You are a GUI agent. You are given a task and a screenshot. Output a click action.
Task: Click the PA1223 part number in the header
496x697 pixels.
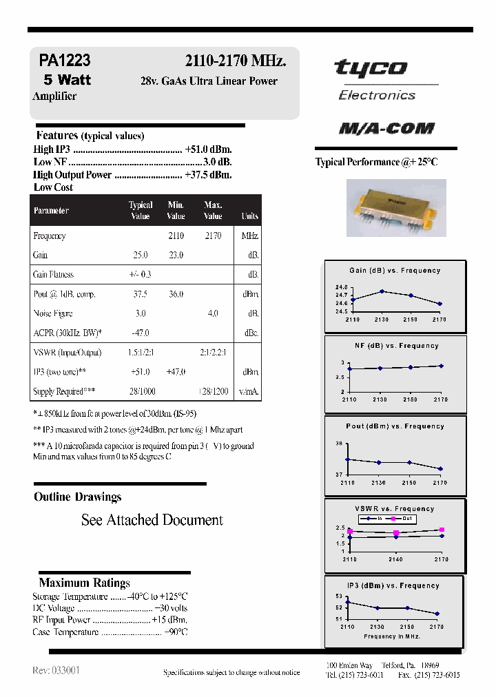65,61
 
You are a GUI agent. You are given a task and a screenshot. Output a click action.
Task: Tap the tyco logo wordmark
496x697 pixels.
370,68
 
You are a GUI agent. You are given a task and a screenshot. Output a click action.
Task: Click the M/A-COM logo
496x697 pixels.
386,128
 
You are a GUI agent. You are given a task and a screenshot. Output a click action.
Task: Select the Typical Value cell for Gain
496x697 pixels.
141,255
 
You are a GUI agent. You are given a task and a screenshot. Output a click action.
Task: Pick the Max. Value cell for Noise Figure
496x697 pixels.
213,313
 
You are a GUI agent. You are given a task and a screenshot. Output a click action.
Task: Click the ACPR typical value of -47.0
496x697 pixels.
141,333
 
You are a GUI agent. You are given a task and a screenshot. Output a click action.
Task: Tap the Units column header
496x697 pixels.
249,216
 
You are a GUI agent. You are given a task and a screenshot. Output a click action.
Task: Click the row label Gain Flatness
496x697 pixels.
54,274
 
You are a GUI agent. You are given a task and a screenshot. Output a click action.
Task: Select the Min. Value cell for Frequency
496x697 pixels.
176,236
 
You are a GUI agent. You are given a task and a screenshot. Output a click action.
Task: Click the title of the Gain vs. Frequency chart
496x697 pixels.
395,271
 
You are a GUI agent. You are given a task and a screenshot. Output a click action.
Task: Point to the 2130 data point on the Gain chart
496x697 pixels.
382,291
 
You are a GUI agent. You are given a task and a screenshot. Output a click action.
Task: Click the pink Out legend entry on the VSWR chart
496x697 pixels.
402,518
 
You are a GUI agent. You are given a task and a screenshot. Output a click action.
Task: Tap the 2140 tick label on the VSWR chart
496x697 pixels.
395,559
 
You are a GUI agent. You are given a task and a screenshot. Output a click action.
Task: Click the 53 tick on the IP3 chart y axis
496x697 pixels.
338,596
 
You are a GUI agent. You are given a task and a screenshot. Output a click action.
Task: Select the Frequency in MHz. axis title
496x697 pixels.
391,636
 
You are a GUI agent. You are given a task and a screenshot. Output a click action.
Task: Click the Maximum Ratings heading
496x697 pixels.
84,583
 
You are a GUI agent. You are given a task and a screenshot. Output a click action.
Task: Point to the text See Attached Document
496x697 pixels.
152,520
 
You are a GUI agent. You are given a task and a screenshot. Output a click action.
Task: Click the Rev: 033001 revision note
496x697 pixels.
56,670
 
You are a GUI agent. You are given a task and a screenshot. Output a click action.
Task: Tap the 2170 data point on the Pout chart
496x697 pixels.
440,469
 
